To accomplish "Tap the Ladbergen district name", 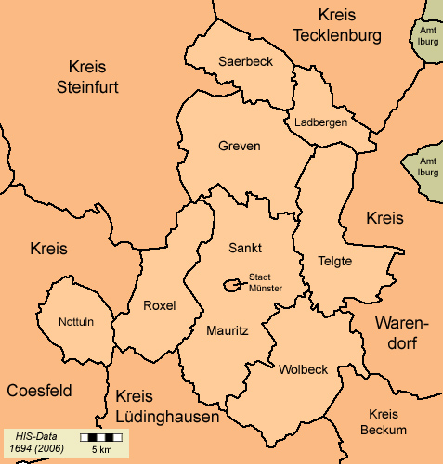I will (x=320, y=122).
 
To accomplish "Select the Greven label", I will (x=240, y=147).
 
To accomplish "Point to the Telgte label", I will (x=335, y=261).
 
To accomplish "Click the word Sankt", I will (x=245, y=248).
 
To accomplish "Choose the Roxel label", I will (x=159, y=305).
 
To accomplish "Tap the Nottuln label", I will (x=76, y=322).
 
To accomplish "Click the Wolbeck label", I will (x=303, y=369).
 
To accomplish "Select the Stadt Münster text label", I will (x=266, y=282).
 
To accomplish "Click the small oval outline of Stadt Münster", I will (x=231, y=286).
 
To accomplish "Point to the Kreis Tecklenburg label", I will (x=336, y=25).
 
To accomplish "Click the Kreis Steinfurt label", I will (x=88, y=77).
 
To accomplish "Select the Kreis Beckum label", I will (x=383, y=421).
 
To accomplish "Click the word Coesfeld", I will (x=39, y=391).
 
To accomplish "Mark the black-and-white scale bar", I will (x=101, y=436).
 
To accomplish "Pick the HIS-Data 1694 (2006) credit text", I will (x=36, y=442).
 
